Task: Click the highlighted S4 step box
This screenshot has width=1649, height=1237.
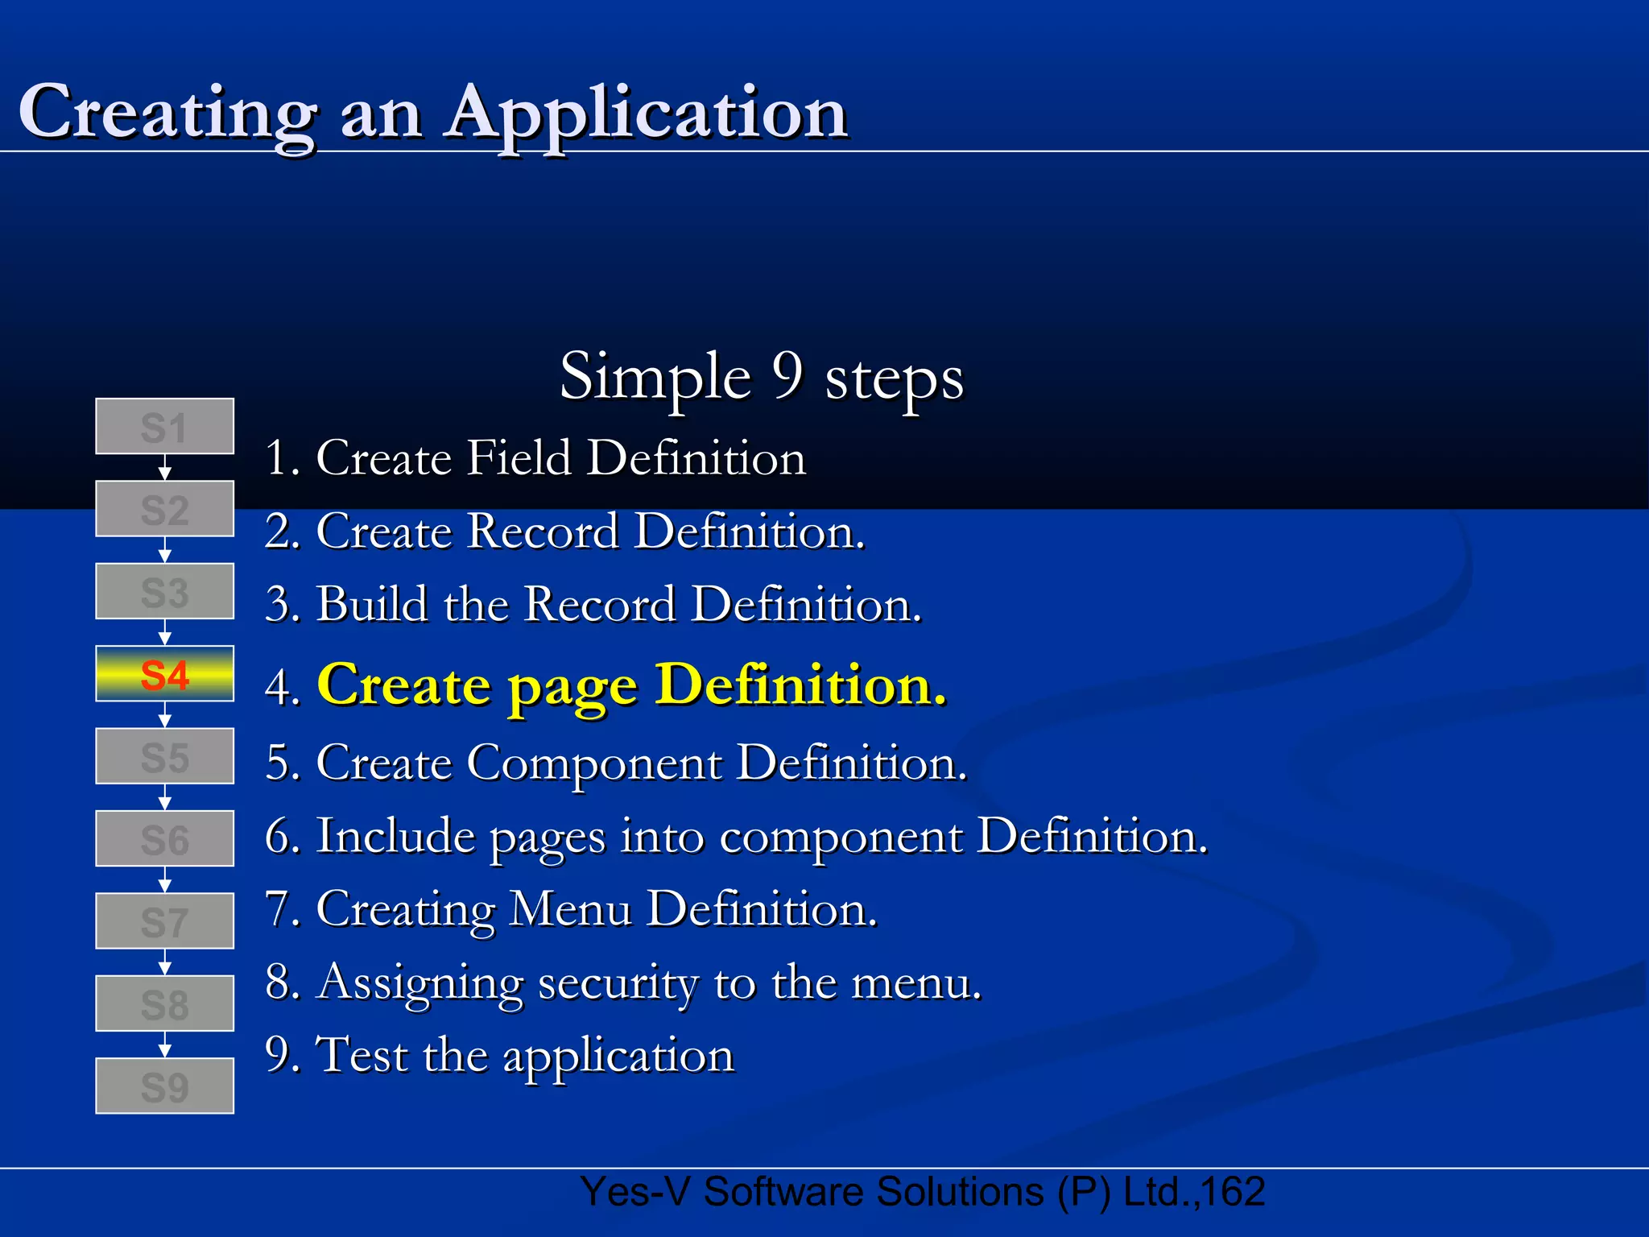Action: click(x=164, y=674)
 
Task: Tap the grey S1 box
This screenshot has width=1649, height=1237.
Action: click(x=164, y=427)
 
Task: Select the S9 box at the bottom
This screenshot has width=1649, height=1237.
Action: click(x=164, y=1086)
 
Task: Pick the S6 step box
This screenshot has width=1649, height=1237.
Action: click(x=164, y=839)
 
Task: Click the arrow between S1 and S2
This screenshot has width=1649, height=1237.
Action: click(x=164, y=468)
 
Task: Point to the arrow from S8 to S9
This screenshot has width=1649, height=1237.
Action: click(x=164, y=1045)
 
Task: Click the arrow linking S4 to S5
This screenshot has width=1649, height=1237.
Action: click(x=164, y=715)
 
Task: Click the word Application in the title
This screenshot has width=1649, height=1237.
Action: click(x=647, y=113)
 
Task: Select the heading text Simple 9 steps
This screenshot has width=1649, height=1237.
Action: click(x=761, y=377)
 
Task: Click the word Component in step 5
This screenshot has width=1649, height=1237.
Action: click(x=594, y=763)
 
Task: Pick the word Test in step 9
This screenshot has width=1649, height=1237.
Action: click(x=362, y=1055)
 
